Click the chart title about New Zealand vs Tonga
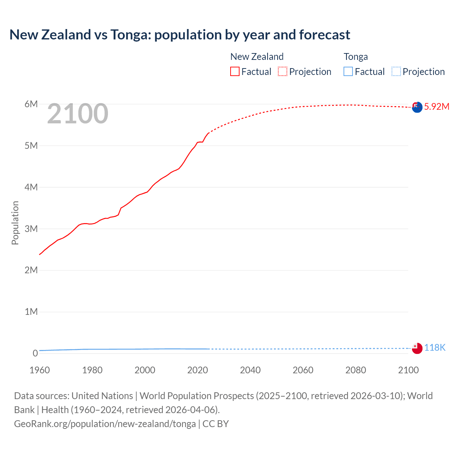(x=180, y=35)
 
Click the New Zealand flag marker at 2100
(x=417, y=107)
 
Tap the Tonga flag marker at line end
(x=417, y=348)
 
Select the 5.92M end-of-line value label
(x=437, y=107)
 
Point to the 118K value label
(x=435, y=347)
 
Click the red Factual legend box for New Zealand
(x=235, y=72)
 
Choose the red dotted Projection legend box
(x=283, y=72)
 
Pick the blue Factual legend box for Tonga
(x=348, y=72)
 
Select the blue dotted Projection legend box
(x=396, y=72)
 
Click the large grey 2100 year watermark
(x=77, y=114)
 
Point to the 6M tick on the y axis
(x=31, y=104)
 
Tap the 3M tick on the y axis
(x=31, y=229)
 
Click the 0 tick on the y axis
(x=35, y=353)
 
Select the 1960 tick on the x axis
(x=39, y=370)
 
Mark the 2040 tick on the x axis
(x=250, y=370)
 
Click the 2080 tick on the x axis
(x=356, y=370)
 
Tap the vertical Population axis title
(x=15, y=223)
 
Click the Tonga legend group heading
(x=356, y=57)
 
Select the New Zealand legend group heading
(x=257, y=57)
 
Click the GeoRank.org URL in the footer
(x=105, y=424)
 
